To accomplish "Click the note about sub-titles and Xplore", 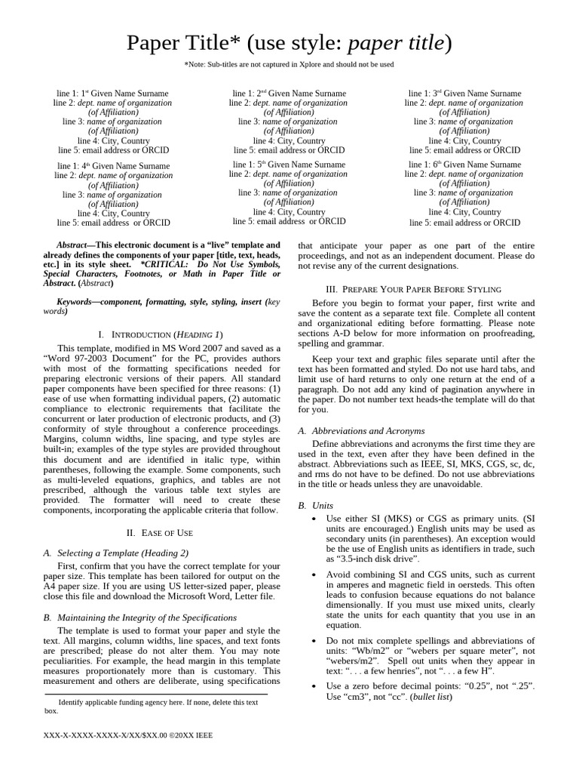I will pos(289,65).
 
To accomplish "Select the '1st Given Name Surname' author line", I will pos(113,94).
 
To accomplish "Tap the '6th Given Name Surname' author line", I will pos(464,165).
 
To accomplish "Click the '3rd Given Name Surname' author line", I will pos(464,94).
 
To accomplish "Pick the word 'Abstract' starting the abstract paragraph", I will pos(72,245).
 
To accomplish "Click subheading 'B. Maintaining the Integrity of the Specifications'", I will pos(140,617).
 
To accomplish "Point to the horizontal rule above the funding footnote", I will pos(156,694).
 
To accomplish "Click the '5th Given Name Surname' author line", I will pos(289,165).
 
